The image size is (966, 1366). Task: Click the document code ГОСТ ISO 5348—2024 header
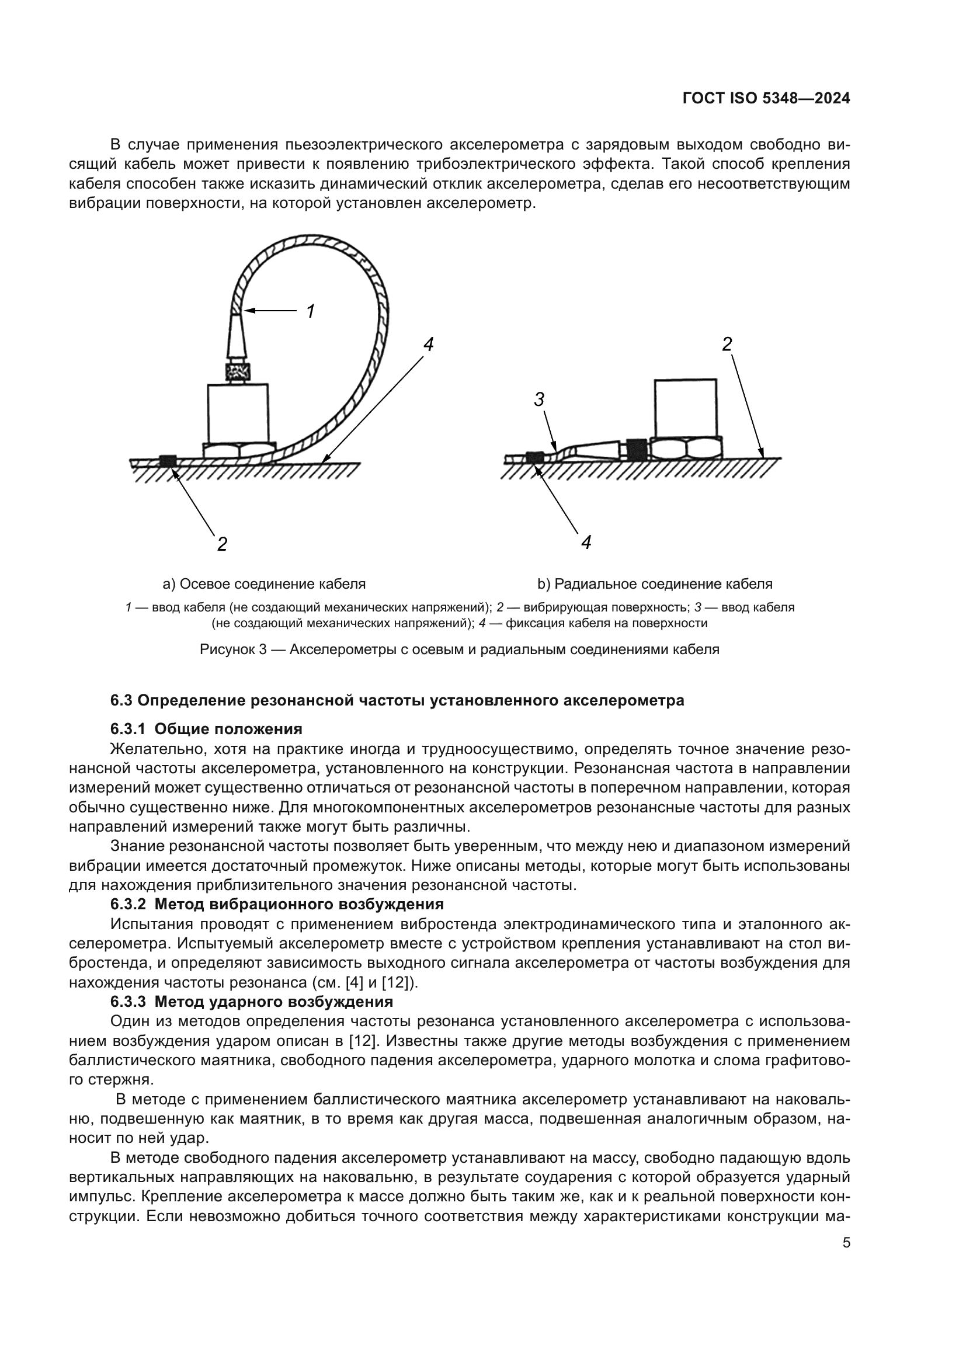pos(766,99)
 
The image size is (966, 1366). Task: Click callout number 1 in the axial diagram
pos(310,311)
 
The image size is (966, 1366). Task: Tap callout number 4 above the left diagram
pos(428,344)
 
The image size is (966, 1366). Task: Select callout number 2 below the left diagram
pos(222,543)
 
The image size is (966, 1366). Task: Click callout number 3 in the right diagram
pos(539,400)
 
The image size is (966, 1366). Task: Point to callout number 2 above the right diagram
pos(727,344)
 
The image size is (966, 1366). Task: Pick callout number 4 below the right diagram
pos(586,542)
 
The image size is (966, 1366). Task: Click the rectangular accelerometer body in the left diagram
pos(238,412)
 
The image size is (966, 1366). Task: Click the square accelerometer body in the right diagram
pos(685,408)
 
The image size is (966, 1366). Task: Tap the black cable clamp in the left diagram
pos(168,460)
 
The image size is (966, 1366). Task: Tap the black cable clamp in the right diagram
pos(534,456)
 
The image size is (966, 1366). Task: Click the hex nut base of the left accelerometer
pos(239,450)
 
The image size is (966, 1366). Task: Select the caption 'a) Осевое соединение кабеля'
pos(264,583)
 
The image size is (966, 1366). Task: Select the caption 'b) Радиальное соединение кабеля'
pos(655,583)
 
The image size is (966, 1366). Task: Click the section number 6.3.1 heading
pos(128,729)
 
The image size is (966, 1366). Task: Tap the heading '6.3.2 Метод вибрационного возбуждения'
pos(277,904)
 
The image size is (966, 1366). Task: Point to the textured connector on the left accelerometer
pos(238,373)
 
